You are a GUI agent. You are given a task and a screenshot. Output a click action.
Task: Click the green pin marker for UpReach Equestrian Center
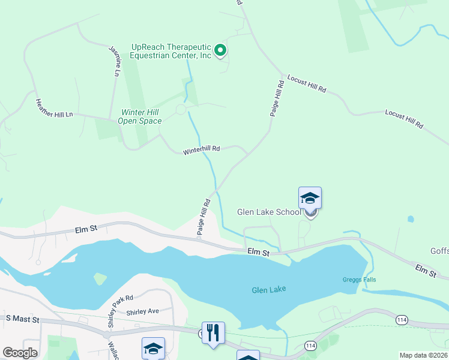pyautogui.click(x=220, y=51)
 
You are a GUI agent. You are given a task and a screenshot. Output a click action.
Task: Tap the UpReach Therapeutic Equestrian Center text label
pyautogui.click(x=172, y=51)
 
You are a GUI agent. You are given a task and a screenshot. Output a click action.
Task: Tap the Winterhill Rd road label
pyautogui.click(x=201, y=149)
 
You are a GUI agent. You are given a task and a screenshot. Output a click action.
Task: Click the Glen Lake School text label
pyautogui.click(x=269, y=212)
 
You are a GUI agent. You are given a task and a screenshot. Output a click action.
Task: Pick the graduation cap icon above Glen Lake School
pyautogui.click(x=310, y=198)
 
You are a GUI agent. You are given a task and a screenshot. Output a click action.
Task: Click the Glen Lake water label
pyautogui.click(x=268, y=290)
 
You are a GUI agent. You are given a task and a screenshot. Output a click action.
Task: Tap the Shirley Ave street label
pyautogui.click(x=142, y=312)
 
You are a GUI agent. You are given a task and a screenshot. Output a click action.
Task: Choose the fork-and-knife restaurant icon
pyautogui.click(x=213, y=333)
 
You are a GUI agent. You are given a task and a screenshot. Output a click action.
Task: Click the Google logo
pyautogui.click(x=20, y=353)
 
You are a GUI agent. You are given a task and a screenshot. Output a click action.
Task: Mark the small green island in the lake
pyautogui.click(x=100, y=279)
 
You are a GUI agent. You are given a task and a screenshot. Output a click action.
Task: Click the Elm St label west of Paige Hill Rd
pyautogui.click(x=86, y=229)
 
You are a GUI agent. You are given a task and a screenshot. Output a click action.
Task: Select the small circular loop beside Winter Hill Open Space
pyautogui.click(x=180, y=109)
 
